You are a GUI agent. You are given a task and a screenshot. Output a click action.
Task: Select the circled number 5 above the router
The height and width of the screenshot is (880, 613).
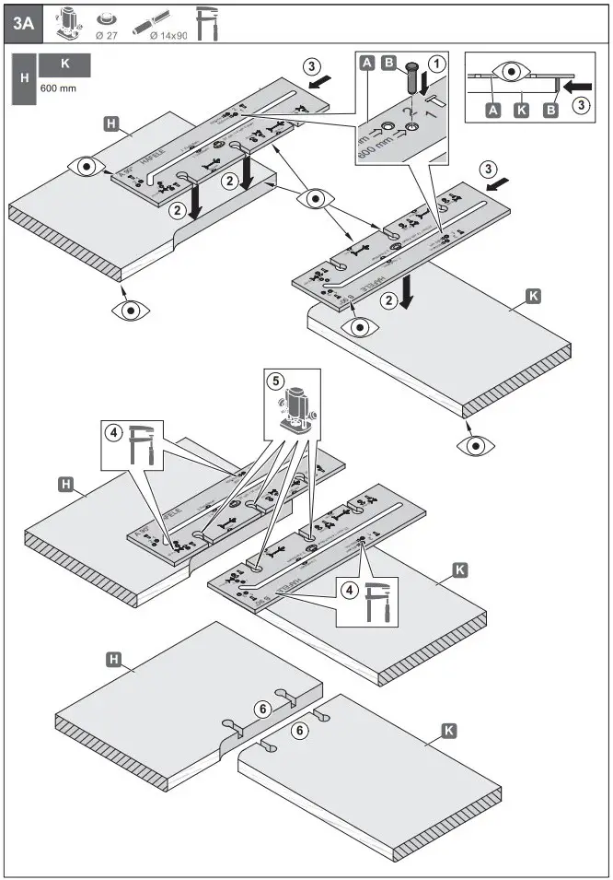click(274, 380)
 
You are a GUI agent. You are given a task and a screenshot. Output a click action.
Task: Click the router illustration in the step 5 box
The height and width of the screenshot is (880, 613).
click(295, 406)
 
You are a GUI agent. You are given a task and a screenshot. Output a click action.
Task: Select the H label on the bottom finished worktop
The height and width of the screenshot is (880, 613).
click(114, 659)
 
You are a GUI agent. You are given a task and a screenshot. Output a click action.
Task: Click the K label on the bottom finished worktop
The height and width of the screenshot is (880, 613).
click(448, 731)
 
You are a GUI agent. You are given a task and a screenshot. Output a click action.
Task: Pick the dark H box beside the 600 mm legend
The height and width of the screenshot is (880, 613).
click(23, 77)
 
